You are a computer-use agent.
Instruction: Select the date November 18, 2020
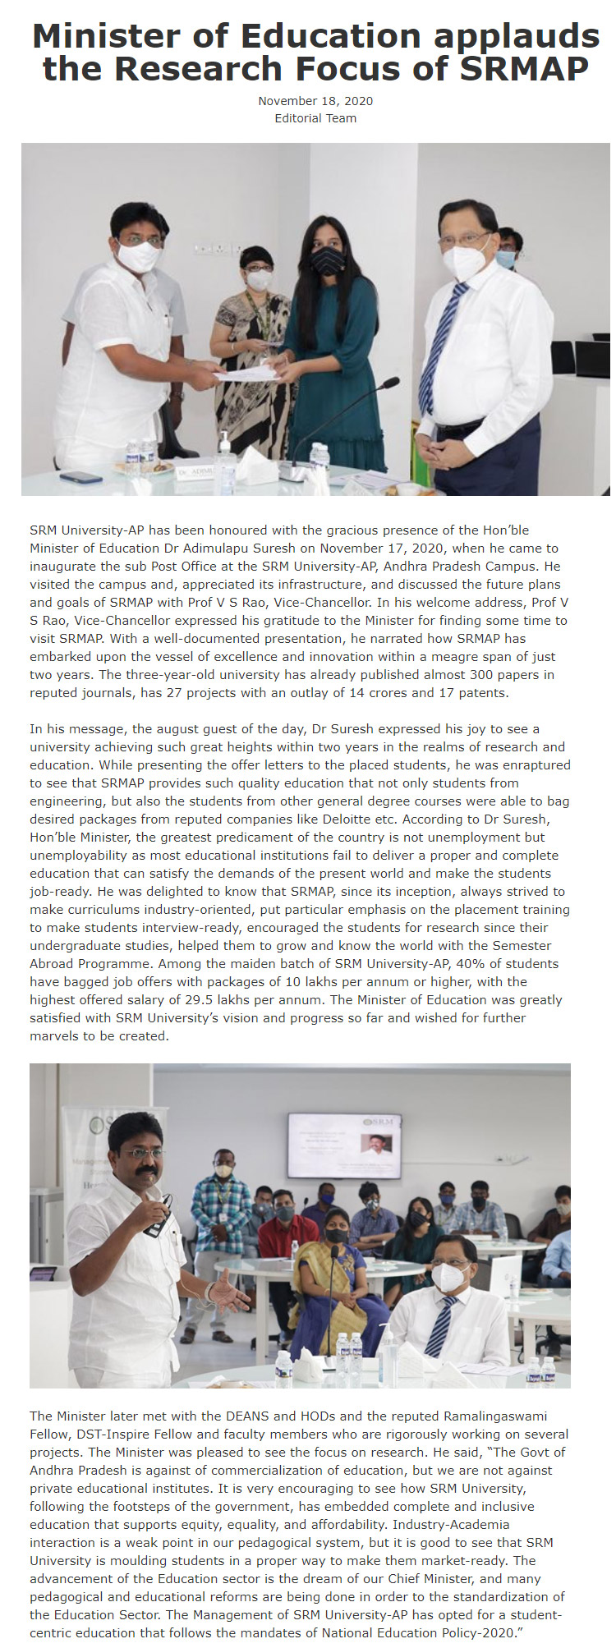coord(315,101)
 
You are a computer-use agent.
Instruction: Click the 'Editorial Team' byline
coord(315,118)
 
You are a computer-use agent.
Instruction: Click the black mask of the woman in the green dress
coord(328,262)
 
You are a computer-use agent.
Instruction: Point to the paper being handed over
coord(246,374)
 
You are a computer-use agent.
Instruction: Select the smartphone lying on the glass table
coord(80,477)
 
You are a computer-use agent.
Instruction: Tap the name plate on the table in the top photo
coord(198,473)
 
